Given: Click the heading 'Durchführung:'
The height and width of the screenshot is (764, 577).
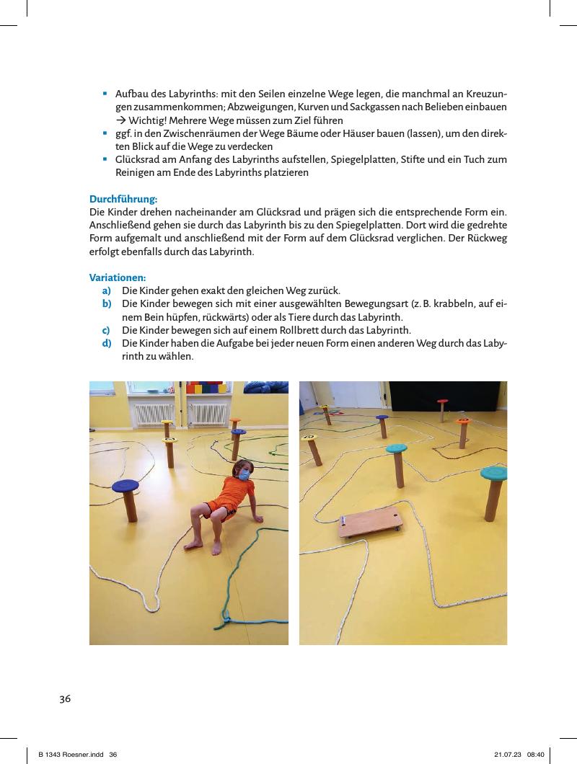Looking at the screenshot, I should [123, 199].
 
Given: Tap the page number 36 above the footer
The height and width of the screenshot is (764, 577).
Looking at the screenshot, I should [65, 698].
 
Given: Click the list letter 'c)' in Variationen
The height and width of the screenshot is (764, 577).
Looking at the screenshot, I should [105, 330].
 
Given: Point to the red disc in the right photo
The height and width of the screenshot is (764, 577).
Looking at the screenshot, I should [442, 401].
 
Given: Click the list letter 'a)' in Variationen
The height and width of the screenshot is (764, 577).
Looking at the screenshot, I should [105, 291].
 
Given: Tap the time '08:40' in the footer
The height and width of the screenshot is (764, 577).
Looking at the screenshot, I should [536, 754].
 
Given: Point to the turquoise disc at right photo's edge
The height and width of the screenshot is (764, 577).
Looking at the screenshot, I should [495, 474].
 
